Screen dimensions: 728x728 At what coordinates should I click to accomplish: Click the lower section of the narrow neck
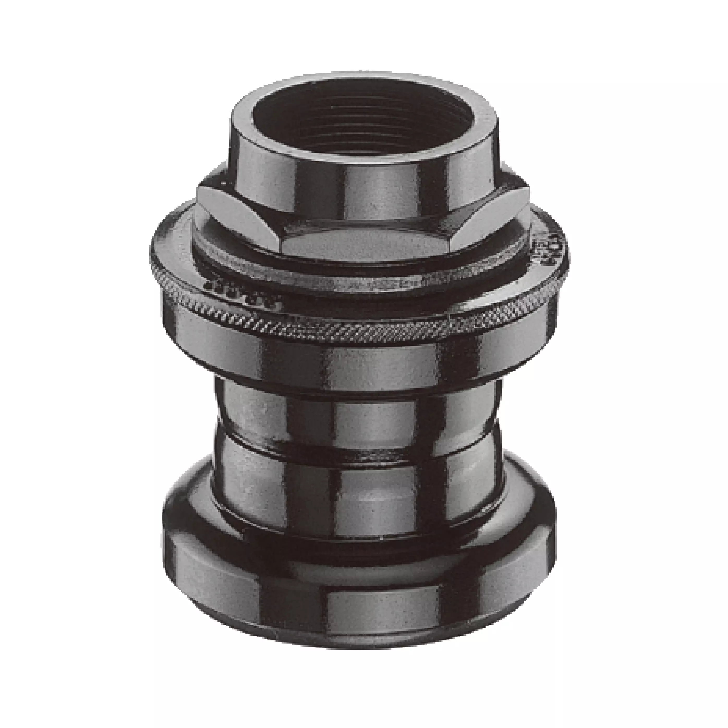362,490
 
